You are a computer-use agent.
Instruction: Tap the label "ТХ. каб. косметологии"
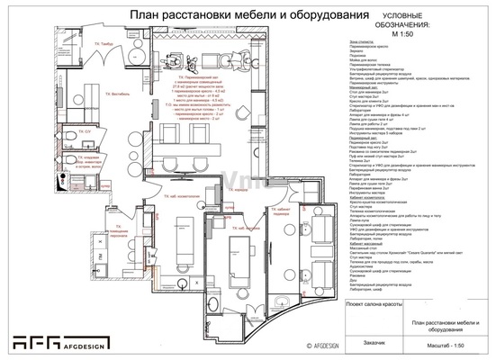click(x=180, y=219)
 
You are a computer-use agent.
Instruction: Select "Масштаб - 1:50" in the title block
click(x=447, y=342)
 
